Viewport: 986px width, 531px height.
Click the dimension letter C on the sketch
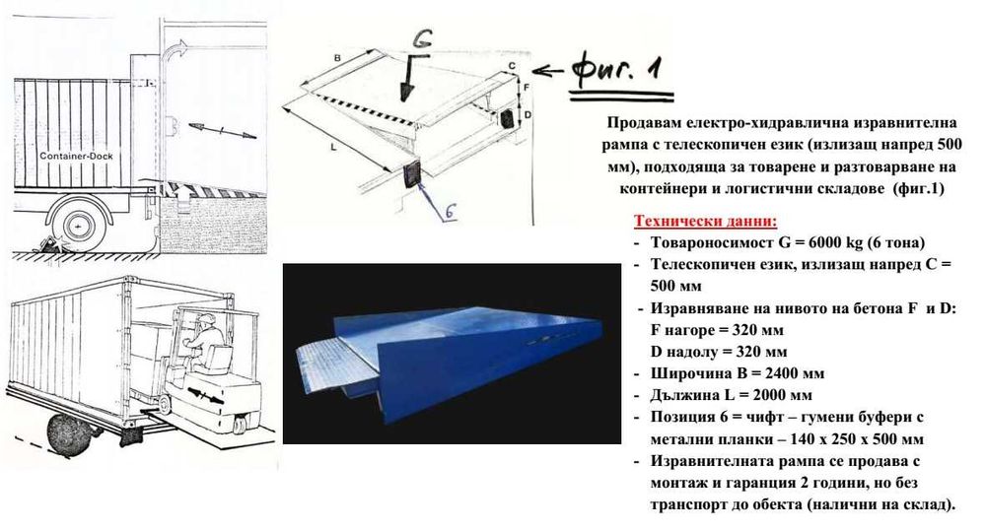click(x=512, y=65)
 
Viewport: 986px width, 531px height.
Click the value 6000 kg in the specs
click(x=826, y=242)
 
